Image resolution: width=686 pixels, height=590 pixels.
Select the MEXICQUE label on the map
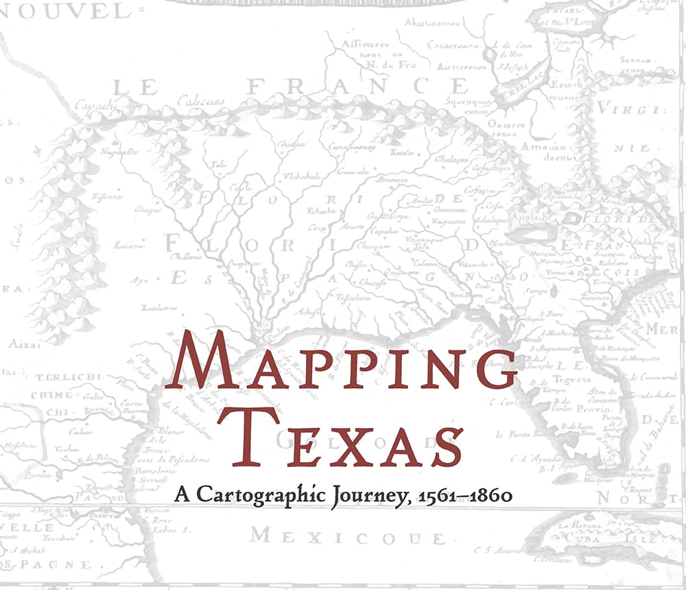point(346,536)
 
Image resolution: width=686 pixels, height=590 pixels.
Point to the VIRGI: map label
point(628,109)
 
